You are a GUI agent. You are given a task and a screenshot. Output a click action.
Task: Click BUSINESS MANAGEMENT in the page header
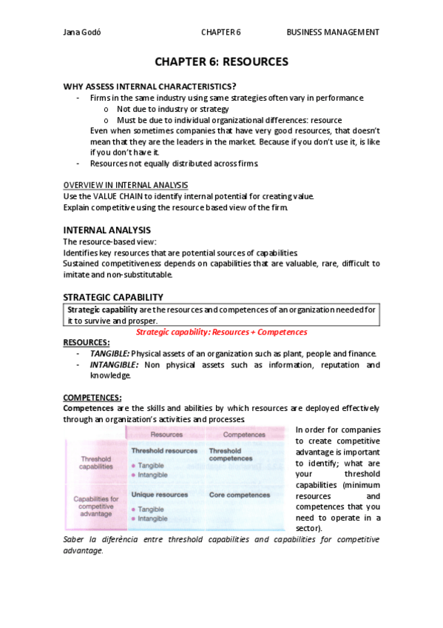(333, 33)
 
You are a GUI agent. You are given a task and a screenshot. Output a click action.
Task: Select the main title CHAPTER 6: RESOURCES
(221, 61)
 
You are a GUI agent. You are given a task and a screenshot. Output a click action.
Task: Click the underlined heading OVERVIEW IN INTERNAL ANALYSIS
(125, 184)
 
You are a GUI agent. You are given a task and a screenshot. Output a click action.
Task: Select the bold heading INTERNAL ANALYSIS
(106, 230)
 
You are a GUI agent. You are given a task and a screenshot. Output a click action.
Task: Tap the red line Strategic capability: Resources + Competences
(221, 333)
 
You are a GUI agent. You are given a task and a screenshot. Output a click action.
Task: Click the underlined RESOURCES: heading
(87, 343)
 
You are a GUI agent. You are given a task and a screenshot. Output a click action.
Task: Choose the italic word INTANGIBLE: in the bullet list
(114, 365)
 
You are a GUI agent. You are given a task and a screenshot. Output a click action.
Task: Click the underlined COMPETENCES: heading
(92, 398)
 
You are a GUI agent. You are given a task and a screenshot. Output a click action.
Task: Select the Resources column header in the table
(168, 435)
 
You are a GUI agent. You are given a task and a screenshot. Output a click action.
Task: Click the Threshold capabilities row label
(96, 463)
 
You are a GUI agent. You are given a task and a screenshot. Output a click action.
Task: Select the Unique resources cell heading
(159, 494)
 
